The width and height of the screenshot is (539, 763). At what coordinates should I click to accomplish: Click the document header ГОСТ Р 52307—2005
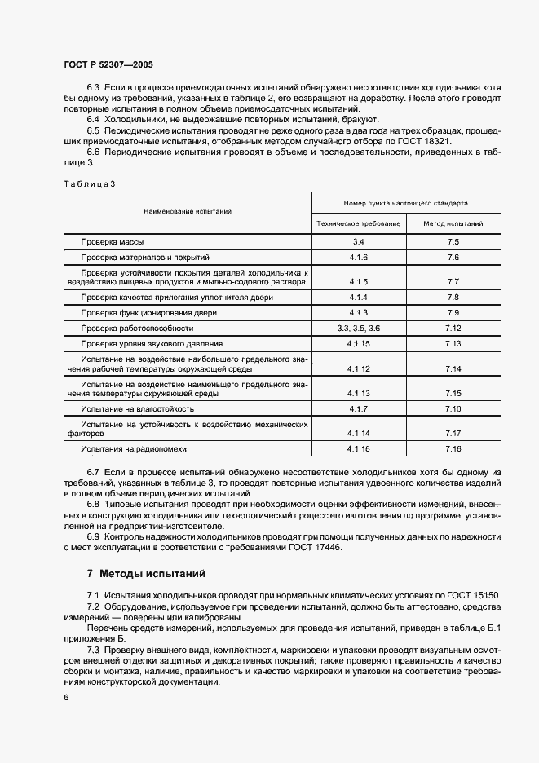click(x=108, y=64)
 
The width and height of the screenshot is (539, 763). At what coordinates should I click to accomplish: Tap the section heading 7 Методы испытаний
click(x=147, y=574)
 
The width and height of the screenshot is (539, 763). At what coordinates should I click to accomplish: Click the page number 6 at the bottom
click(x=66, y=698)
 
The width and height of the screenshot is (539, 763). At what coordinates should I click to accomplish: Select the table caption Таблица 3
click(x=90, y=183)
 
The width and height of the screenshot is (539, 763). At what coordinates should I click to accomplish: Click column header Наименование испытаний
click(x=188, y=211)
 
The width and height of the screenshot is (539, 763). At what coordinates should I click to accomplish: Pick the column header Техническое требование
click(x=359, y=223)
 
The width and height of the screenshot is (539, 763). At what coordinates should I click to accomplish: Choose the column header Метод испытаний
click(x=453, y=223)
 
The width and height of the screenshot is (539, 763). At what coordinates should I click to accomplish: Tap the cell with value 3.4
click(x=359, y=242)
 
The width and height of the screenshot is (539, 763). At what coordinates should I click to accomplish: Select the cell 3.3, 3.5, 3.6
click(x=359, y=328)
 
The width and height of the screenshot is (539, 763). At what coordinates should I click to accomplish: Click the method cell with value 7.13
click(x=453, y=343)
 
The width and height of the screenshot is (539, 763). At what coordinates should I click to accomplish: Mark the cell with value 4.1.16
click(x=359, y=448)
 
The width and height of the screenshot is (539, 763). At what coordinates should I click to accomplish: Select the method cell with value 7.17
click(x=453, y=433)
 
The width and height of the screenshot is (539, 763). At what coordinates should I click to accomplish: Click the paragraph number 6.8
click(x=93, y=505)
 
